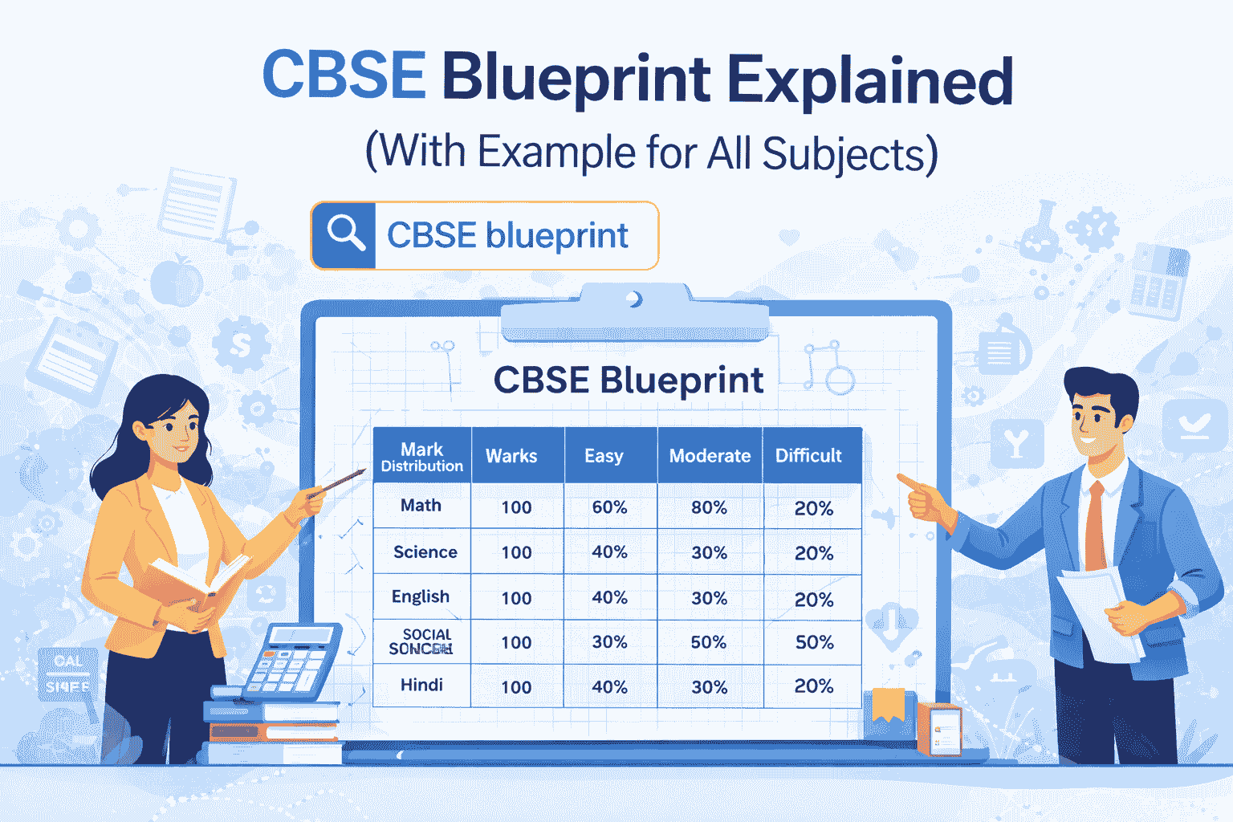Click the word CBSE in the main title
tap(344, 76)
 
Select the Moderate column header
tap(710, 456)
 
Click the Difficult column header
tap(808, 456)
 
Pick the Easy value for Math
tap(609, 507)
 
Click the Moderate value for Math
tap(709, 507)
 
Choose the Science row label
tap(425, 552)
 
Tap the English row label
tap(420, 596)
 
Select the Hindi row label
tap(421, 685)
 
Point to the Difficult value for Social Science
tap(814, 642)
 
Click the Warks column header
tap(511, 456)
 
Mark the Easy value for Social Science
tap(609, 642)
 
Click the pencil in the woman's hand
tap(340, 481)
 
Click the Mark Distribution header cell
tap(421, 457)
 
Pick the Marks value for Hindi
tap(516, 687)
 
